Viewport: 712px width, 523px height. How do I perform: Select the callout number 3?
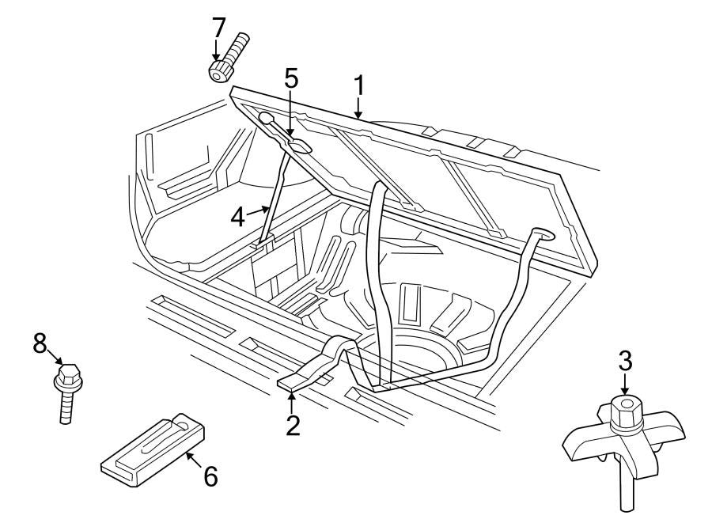pyautogui.click(x=625, y=363)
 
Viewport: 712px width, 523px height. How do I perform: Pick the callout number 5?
pyautogui.click(x=292, y=78)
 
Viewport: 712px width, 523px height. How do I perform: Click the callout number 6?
pyautogui.click(x=210, y=476)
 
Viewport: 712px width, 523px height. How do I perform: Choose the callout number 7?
pyautogui.click(x=219, y=27)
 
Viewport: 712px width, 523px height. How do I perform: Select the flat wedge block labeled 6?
pyautogui.click(x=154, y=449)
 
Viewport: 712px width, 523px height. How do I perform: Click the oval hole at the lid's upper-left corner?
pyautogui.click(x=267, y=119)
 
